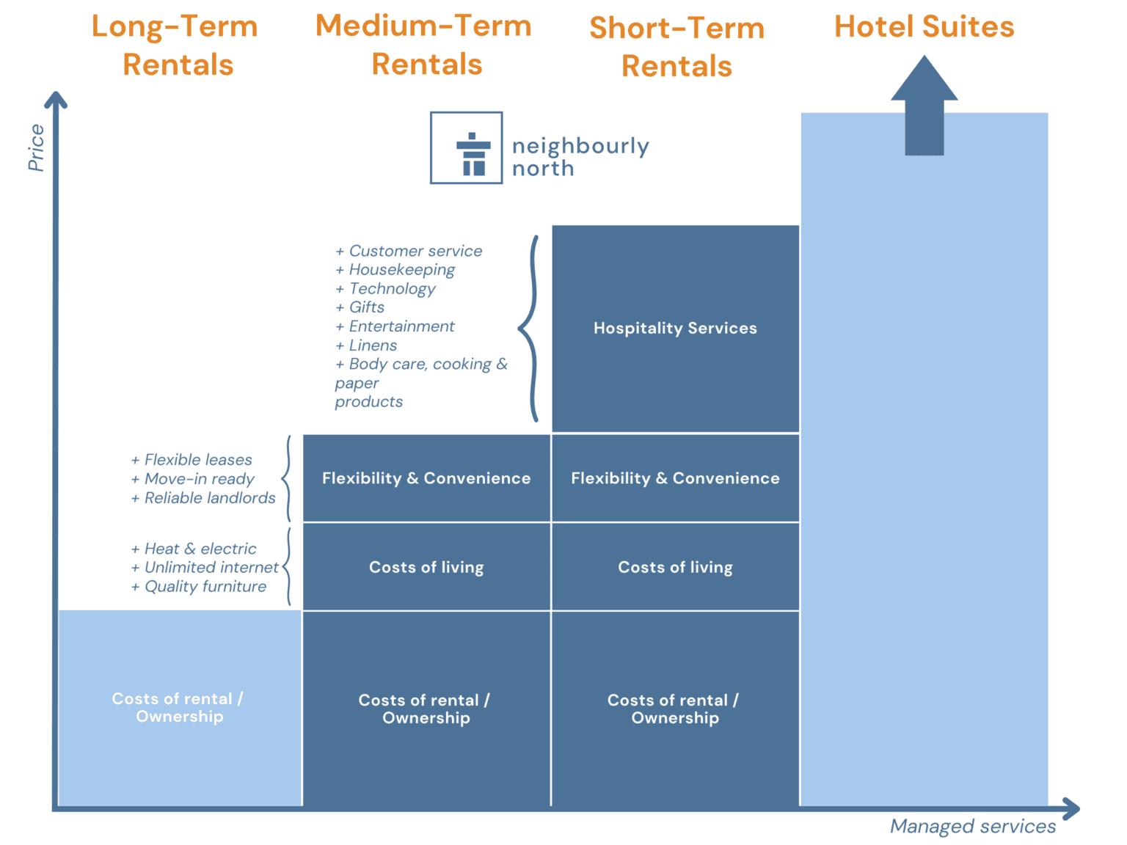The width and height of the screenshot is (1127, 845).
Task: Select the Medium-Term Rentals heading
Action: point(425,45)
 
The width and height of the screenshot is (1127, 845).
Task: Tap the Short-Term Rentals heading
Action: point(676,47)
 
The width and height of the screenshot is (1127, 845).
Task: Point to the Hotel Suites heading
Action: point(924,27)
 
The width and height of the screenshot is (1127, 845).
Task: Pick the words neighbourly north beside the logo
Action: point(580,157)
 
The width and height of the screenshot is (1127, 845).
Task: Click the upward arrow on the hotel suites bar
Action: point(924,105)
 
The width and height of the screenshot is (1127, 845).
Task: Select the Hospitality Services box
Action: point(675,329)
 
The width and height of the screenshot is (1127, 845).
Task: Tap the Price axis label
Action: point(37,147)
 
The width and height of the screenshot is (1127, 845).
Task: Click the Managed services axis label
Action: point(973,827)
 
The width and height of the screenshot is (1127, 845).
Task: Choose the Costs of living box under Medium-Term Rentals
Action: point(426,567)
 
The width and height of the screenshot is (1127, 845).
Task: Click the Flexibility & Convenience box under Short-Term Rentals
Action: point(675,478)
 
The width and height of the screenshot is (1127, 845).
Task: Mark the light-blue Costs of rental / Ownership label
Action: point(179,708)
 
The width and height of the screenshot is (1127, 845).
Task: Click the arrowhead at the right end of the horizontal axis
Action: point(1073,810)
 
